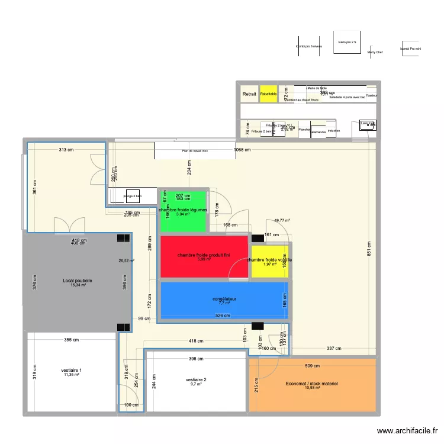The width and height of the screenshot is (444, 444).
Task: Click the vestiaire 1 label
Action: [71, 371]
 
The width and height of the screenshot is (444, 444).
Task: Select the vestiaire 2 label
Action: [196, 379]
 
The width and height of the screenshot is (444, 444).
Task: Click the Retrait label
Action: [249, 94]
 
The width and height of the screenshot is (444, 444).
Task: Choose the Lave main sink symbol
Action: [367, 124]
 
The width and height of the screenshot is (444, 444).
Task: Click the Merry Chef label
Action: [375, 52]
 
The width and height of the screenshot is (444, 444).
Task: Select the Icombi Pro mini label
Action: [410, 49]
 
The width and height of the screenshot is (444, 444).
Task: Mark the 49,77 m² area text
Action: [282, 220]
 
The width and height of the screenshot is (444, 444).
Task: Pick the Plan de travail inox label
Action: [195, 151]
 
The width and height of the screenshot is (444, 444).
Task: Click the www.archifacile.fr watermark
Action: [407, 432]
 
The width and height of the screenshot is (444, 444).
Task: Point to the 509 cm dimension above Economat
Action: [313, 366]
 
